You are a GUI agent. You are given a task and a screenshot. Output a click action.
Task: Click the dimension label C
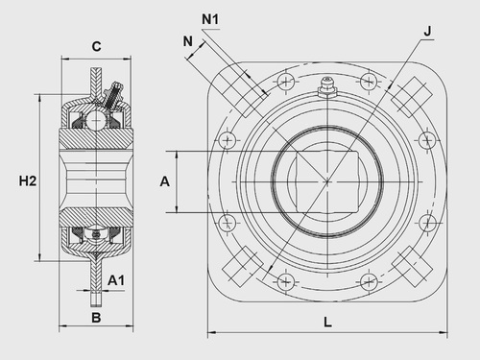(96, 47)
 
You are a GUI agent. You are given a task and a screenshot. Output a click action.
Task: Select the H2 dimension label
(28, 181)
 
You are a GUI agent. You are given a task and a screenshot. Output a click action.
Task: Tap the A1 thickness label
(115, 280)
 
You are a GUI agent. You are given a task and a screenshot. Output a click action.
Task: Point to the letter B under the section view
(96, 318)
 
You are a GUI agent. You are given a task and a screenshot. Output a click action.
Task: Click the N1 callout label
(210, 19)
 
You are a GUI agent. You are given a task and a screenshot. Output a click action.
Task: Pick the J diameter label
(427, 32)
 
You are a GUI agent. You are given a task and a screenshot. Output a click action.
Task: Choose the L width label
(328, 322)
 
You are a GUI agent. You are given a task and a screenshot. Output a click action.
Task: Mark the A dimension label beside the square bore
(164, 181)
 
